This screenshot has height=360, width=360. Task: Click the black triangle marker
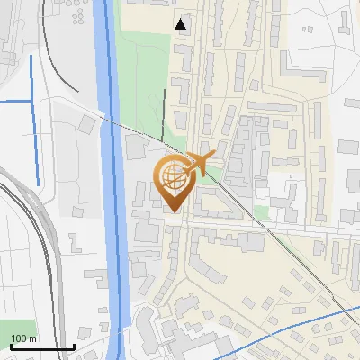tap(182, 24)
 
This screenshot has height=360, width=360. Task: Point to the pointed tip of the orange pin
tap(171, 211)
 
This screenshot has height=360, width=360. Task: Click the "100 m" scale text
tap(23, 338)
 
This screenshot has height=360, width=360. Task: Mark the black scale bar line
tap(42, 347)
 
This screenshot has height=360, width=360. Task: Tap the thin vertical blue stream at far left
tap(34, 117)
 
